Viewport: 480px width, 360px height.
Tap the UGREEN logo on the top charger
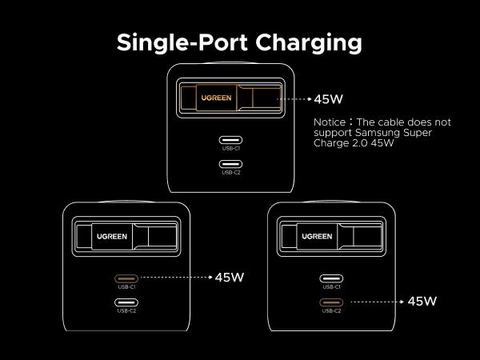click(216, 98)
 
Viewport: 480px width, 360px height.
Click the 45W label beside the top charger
click(328, 100)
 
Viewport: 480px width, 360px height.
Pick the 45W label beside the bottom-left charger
click(229, 278)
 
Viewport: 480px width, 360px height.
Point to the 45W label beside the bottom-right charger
click(422, 302)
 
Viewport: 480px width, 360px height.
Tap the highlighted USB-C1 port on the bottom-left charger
click(126, 278)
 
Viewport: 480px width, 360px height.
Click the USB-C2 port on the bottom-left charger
click(126, 302)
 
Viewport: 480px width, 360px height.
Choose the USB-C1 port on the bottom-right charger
click(332, 278)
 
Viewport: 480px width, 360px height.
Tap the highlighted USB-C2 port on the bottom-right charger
click(332, 302)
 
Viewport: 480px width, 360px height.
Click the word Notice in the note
click(330, 122)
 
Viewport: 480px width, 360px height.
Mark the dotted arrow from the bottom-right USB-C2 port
click(376, 302)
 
